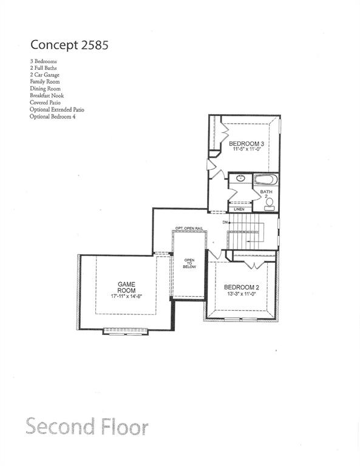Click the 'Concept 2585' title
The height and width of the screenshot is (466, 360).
point(70,45)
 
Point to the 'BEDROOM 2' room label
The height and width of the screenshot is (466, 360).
point(242,287)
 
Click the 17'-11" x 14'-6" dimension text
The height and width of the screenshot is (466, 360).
point(126,297)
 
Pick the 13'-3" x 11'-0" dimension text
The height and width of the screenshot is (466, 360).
point(242,295)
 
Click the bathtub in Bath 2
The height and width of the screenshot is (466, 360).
point(265,180)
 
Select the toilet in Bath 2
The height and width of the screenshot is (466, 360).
point(269,204)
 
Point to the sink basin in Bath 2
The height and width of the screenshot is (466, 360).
point(240,178)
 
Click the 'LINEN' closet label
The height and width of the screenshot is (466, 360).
point(239,209)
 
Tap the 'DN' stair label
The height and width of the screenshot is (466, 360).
point(225,223)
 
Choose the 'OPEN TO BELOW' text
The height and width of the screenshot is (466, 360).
point(190,266)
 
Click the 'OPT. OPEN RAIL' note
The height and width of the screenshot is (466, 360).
point(189,228)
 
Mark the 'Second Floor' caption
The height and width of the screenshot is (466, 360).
point(87,427)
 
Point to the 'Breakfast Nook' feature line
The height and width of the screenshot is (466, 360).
point(46,95)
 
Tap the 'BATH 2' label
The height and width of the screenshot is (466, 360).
point(267,194)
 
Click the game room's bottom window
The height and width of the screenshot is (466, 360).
point(126,331)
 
